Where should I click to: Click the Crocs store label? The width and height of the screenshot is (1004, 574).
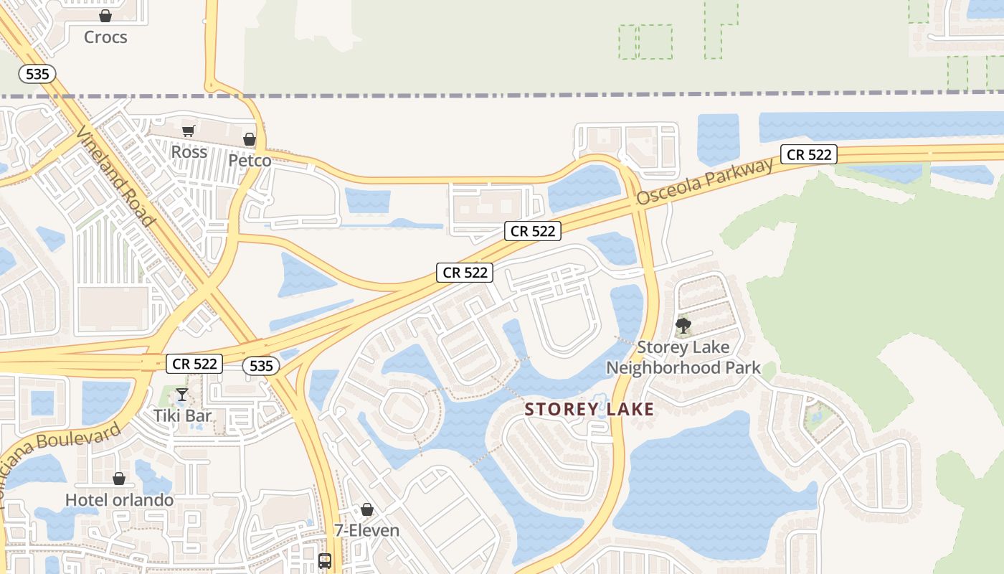coord(105,37)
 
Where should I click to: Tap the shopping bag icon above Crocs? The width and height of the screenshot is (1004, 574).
coord(105,15)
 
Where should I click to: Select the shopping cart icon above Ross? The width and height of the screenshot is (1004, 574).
coord(189,131)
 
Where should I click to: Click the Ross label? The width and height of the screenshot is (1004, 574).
coord(189,151)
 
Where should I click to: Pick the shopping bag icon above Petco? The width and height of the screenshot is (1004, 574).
coord(250,138)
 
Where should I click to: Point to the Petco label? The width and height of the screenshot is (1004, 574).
coord(250,160)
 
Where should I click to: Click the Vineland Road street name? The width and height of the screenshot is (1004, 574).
coord(115,177)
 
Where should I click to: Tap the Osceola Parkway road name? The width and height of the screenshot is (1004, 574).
coord(706,180)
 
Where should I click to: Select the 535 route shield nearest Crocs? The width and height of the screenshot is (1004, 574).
coord(37,73)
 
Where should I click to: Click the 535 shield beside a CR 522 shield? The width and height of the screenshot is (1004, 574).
coord(261,365)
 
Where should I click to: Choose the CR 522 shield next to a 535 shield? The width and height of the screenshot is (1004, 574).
coord(195,363)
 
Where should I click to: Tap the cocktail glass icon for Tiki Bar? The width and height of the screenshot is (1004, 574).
coord(182,394)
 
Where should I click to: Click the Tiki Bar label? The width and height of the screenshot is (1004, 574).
coord(183,415)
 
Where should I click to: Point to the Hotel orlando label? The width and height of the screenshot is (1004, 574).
coord(119,499)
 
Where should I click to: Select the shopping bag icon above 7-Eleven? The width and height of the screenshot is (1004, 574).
coord(367,509)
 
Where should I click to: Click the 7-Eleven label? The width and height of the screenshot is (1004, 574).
coord(367,530)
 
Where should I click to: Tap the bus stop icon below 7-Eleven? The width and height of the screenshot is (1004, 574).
coord(325,560)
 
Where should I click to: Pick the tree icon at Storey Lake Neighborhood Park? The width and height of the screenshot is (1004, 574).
coord(683,326)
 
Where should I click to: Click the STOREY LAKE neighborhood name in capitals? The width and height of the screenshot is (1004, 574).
coord(589,410)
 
